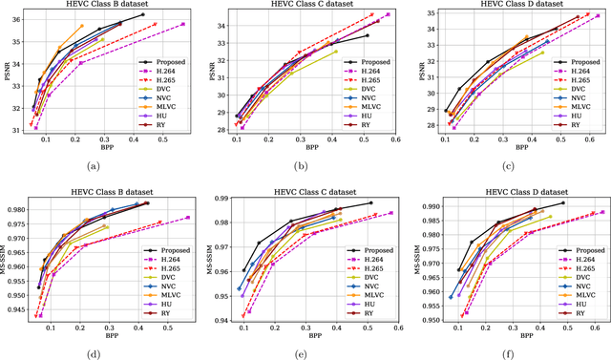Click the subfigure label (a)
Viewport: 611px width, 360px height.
coord(92,166)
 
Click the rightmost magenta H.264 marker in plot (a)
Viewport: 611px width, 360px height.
coord(183,24)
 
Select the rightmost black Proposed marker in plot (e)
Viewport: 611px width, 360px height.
coord(371,202)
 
